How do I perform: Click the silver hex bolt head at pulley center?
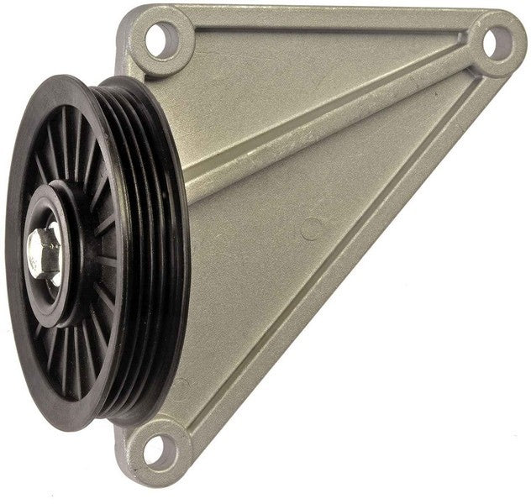pos(42,247)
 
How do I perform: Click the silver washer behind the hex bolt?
pos(52,247)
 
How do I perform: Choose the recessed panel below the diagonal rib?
pos(277,277)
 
